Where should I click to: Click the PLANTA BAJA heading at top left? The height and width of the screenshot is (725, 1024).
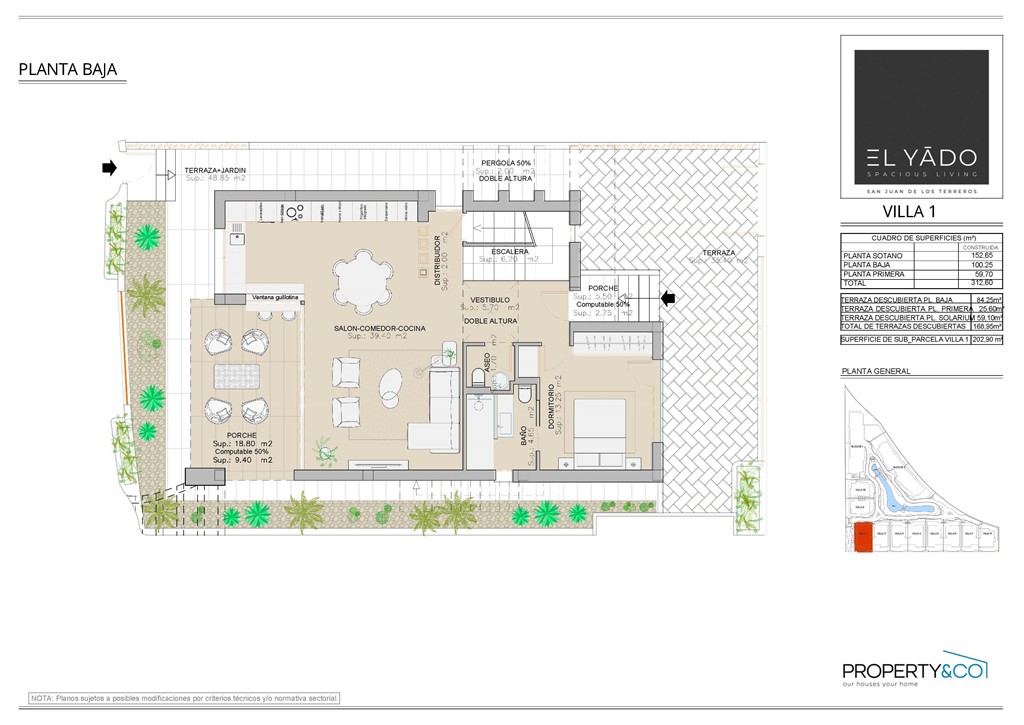(x=68, y=70)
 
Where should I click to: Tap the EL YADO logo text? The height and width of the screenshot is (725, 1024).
(x=914, y=157)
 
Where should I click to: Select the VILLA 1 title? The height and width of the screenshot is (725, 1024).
(x=908, y=211)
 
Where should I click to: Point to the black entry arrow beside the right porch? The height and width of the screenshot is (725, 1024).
(x=669, y=297)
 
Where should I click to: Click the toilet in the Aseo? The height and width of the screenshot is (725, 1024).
(x=478, y=375)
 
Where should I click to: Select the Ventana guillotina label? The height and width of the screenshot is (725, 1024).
(x=276, y=297)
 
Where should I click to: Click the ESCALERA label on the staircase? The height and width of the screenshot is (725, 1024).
(x=509, y=252)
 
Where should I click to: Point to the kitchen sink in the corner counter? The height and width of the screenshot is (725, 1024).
(x=238, y=238)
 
